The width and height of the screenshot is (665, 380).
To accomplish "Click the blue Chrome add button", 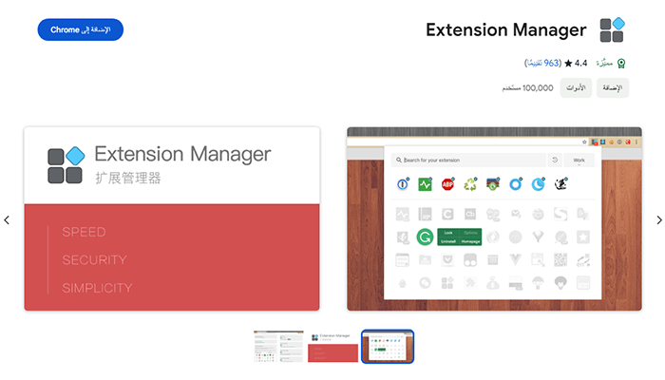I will pyautogui.click(x=81, y=29).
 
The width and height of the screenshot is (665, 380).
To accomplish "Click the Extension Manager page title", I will pyautogui.click(x=505, y=29).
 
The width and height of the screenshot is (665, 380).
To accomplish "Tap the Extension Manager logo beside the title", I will pyautogui.click(x=612, y=29).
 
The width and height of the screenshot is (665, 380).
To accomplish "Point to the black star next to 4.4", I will pyautogui.click(x=568, y=64).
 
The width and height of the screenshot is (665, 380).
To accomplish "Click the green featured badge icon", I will pyautogui.click(x=621, y=64).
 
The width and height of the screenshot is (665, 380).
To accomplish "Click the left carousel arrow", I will pyautogui.click(x=7, y=220).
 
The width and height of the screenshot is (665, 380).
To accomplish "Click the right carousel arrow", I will pyautogui.click(x=658, y=220).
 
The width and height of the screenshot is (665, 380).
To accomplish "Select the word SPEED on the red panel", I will pyautogui.click(x=84, y=232).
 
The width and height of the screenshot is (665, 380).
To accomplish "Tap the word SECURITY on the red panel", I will pyautogui.click(x=94, y=260).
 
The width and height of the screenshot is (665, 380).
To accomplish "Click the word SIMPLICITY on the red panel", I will pyautogui.click(x=97, y=288).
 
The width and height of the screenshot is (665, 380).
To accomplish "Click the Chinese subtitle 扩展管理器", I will pyautogui.click(x=128, y=178).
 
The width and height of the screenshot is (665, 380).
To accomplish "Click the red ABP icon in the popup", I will pyautogui.click(x=447, y=183).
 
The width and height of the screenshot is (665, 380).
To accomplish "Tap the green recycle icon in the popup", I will pyautogui.click(x=470, y=183).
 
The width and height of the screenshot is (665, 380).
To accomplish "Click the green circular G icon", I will pyautogui.click(x=425, y=237).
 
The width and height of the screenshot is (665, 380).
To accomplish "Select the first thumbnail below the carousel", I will pyautogui.click(x=278, y=347).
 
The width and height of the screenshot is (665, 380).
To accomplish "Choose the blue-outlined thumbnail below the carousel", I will pyautogui.click(x=388, y=347).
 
